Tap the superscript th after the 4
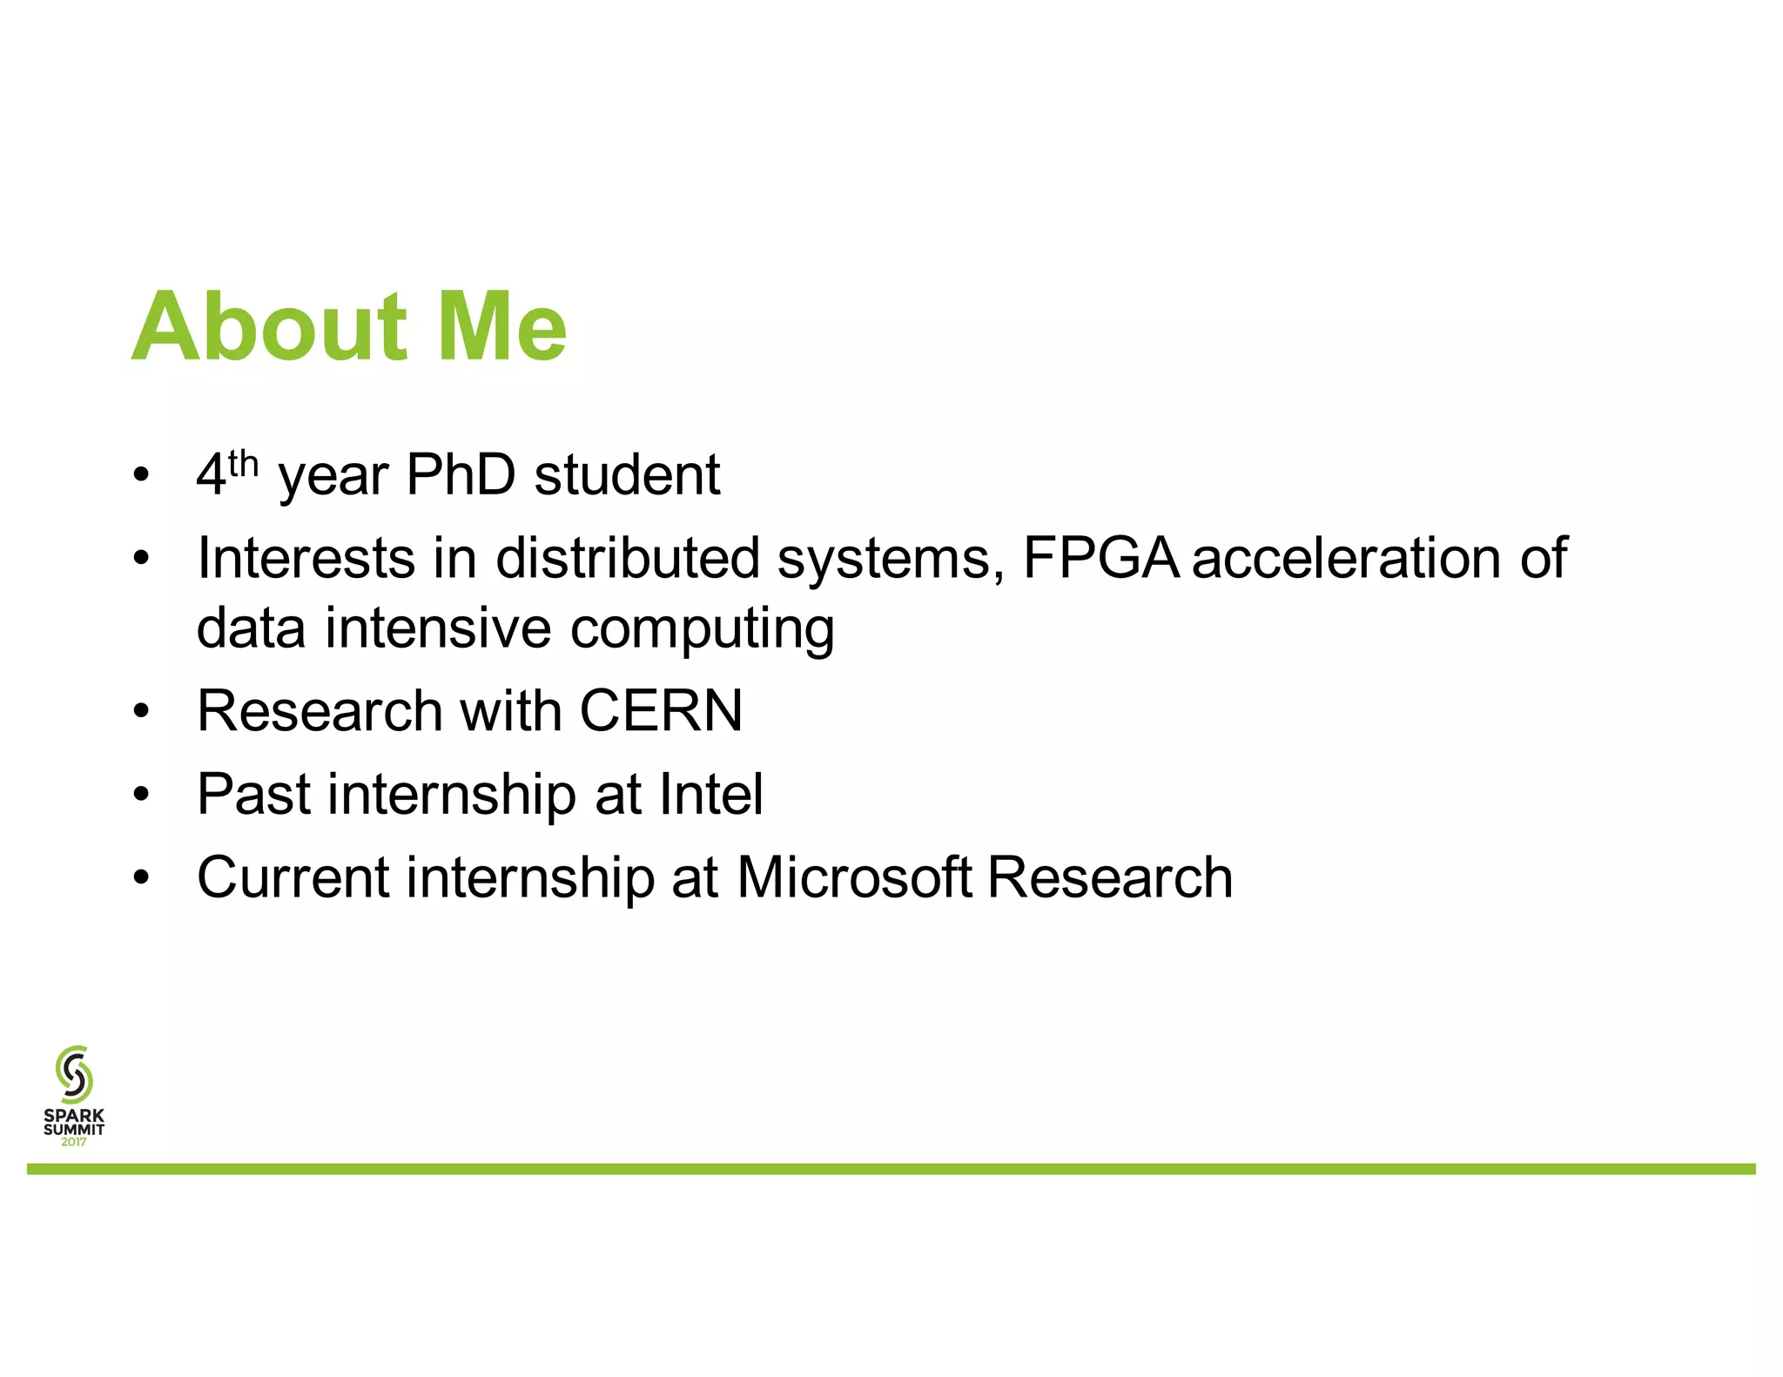[244, 464]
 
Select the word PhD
[461, 475]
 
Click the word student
[627, 475]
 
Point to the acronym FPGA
[1100, 558]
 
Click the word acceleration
[1346, 558]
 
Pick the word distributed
[628, 558]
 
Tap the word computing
[702, 629]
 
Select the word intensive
[438, 628]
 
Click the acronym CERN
[661, 711]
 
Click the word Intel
[711, 794]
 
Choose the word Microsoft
[854, 877]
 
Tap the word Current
[293, 877]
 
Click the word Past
[253, 794]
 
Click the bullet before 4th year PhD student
[142, 476]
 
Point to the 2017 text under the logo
[74, 1142]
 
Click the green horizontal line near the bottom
[891, 1168]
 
